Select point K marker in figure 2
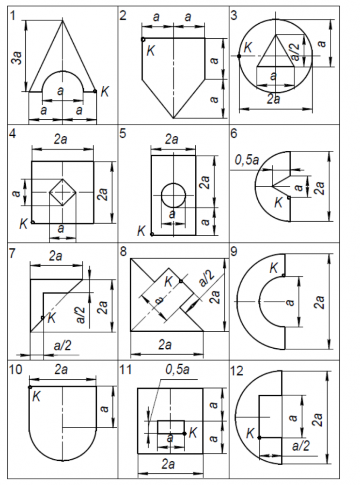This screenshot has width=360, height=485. (x=143, y=39)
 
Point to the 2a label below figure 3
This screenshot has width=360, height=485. (x=274, y=100)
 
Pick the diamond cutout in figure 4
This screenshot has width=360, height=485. (x=63, y=192)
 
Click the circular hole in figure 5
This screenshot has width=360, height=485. (x=173, y=195)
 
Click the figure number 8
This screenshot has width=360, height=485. (x=124, y=252)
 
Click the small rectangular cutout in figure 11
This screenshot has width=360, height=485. (x=171, y=427)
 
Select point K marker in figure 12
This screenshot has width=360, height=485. (x=260, y=437)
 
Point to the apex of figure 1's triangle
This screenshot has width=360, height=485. (x=62, y=20)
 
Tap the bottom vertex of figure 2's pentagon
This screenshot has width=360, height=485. (x=173, y=118)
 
